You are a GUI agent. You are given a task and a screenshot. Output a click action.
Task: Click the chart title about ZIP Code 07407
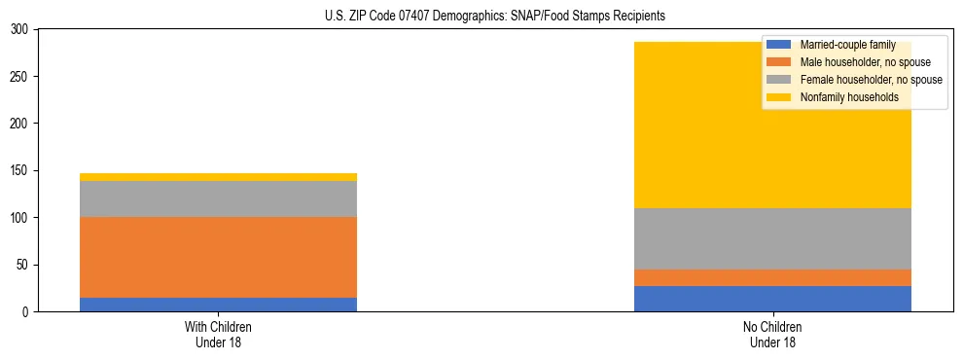click(495, 17)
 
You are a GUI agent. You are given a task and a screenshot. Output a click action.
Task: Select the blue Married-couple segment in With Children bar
click(218, 305)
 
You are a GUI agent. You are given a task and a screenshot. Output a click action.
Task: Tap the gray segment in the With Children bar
click(218, 198)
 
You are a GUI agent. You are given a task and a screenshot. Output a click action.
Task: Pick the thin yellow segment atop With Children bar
click(218, 177)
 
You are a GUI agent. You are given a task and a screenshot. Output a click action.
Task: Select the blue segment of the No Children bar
click(772, 299)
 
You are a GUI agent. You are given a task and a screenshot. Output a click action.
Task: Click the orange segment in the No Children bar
click(772, 277)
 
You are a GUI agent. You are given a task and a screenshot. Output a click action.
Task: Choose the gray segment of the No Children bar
click(772, 238)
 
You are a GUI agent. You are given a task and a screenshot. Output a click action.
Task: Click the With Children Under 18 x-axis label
click(218, 334)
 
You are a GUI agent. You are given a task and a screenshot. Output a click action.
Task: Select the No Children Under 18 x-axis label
click(772, 334)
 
